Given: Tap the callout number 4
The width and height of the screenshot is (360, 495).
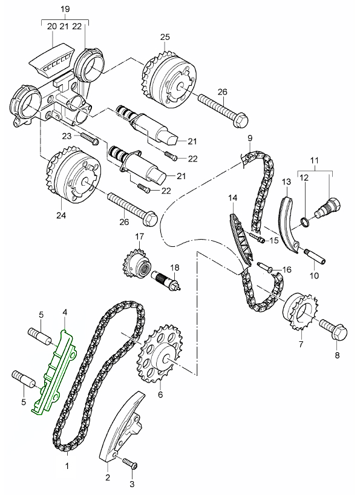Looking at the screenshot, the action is click(x=65, y=312).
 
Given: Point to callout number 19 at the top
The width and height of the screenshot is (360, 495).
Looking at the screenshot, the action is click(x=65, y=9).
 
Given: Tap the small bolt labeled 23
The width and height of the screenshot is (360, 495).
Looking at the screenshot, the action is click(x=90, y=140).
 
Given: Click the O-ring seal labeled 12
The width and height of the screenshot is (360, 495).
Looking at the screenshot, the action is click(x=305, y=221).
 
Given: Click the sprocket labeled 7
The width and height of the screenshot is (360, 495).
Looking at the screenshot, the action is click(x=300, y=312).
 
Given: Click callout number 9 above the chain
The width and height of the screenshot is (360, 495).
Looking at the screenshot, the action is click(x=250, y=138).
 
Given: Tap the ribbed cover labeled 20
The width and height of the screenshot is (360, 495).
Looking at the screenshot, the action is click(x=52, y=60).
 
